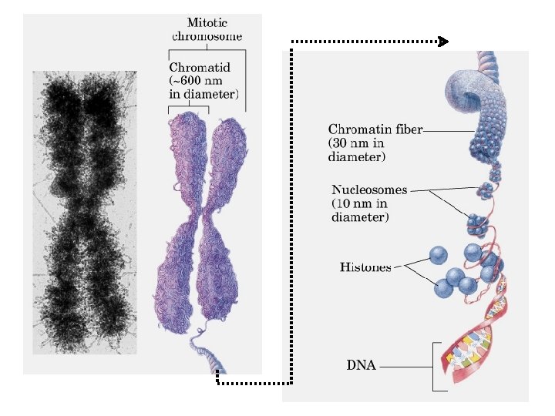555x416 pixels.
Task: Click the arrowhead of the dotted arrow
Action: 443,42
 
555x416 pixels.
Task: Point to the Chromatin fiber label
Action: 375,129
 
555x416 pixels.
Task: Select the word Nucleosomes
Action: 369,190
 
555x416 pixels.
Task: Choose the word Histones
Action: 365,267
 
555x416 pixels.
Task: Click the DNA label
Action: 361,365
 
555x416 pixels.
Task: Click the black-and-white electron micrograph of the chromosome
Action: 84,212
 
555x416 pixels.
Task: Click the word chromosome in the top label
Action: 207,35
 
